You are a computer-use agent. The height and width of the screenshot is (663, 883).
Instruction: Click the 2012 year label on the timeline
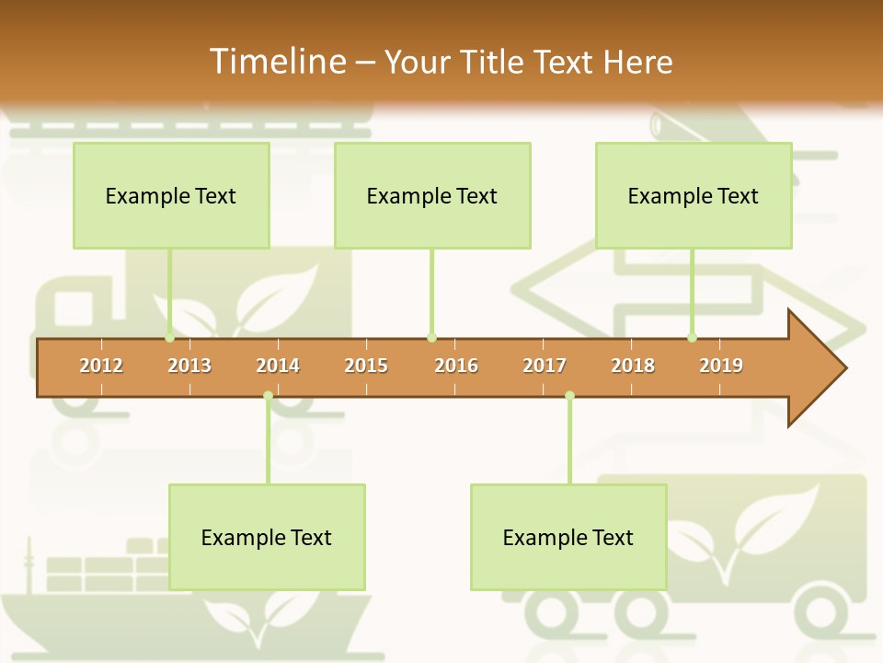(101, 366)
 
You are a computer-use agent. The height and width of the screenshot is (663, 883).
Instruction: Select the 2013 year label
(189, 366)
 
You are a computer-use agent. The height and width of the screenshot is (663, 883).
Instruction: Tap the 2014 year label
(278, 366)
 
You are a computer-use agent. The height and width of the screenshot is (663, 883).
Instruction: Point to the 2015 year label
(366, 366)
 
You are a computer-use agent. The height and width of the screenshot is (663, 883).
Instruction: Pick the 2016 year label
(456, 366)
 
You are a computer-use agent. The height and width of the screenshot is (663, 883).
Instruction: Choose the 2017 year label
(545, 366)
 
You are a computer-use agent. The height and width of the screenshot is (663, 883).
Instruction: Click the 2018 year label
(633, 366)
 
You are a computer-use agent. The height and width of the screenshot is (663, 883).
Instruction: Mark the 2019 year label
(721, 366)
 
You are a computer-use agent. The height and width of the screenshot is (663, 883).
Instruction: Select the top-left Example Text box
(171, 195)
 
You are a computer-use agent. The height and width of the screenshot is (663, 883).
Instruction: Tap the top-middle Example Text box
(432, 195)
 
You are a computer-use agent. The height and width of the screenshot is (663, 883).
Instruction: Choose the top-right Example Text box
(694, 195)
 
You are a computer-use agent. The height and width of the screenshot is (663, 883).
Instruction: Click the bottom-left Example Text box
(267, 537)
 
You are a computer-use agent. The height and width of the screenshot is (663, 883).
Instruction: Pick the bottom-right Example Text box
(568, 537)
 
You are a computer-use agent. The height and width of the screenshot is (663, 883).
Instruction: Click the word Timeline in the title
(276, 61)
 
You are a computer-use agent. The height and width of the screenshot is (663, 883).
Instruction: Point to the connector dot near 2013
(170, 338)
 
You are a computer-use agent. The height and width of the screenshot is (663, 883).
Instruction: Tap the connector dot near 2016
(431, 338)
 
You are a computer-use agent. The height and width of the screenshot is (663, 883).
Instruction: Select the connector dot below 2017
(569, 396)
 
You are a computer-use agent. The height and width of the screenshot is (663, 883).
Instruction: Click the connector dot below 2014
(268, 396)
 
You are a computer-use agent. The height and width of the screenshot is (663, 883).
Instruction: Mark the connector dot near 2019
(693, 338)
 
